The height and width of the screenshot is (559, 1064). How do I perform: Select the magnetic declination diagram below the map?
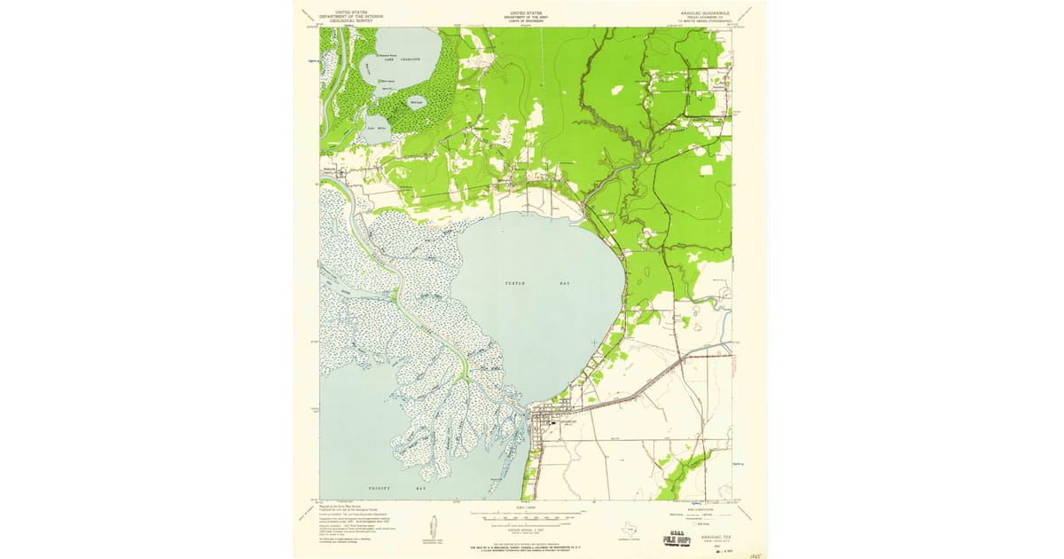[x=432, y=525]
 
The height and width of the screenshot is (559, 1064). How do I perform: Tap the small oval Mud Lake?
[x=417, y=102]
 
